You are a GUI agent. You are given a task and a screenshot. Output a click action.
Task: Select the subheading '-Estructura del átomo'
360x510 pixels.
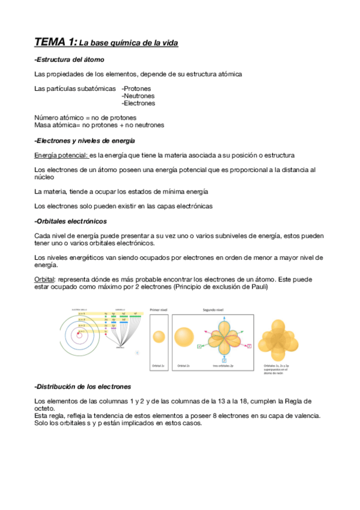(x=70, y=60)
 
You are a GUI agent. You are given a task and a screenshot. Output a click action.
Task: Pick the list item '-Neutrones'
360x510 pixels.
(x=138, y=96)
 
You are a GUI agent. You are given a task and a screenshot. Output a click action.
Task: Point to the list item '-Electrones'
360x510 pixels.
(x=138, y=103)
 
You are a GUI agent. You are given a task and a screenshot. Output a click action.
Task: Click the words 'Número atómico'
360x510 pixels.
(x=58, y=117)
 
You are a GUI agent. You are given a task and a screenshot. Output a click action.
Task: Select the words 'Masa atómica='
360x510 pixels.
(x=58, y=125)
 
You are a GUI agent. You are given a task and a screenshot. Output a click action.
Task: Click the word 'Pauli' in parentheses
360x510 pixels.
(x=257, y=287)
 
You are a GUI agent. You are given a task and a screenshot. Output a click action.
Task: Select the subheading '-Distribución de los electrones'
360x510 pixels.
(x=83, y=386)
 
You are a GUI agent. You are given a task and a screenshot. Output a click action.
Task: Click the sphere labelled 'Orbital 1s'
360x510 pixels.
(x=159, y=339)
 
